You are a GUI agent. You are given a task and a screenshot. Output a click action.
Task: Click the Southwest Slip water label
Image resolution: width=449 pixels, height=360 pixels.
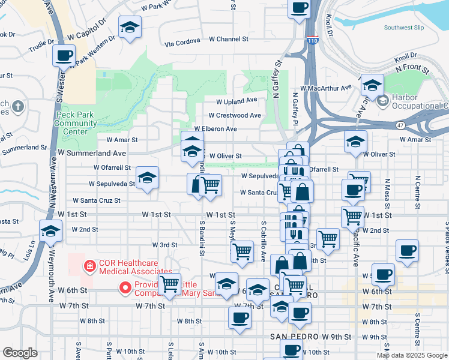pos(404,28)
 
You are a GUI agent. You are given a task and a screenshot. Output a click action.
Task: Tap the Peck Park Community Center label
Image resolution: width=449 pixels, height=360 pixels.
pos(76,123)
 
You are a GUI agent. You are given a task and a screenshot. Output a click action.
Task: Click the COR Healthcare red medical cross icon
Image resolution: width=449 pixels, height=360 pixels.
pos(89,265)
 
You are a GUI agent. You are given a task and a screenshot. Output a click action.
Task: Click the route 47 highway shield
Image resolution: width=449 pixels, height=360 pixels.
pos(400,125)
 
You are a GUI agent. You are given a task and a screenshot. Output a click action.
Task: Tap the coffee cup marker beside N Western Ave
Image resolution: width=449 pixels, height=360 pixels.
pos(64,56)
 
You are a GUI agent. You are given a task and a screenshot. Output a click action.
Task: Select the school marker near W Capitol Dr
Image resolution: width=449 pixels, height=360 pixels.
pos(130,27)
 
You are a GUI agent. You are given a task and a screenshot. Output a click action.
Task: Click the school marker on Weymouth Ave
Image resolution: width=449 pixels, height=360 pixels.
pos(51,231)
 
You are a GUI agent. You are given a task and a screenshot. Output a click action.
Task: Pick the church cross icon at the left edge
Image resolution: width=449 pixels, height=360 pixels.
pos(18,107)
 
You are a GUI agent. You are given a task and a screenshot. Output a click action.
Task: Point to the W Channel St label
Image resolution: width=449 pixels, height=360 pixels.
pos(229,39)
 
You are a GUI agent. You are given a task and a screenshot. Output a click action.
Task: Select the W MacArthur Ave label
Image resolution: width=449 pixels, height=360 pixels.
pos(326,88)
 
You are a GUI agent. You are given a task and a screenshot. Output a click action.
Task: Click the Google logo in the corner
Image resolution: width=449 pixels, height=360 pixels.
pos(20,352)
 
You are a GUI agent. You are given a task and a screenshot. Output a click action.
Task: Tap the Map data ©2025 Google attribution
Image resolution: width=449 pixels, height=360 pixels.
pos(412,355)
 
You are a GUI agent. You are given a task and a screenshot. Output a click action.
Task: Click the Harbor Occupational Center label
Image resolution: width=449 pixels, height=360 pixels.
pos(420,101)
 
